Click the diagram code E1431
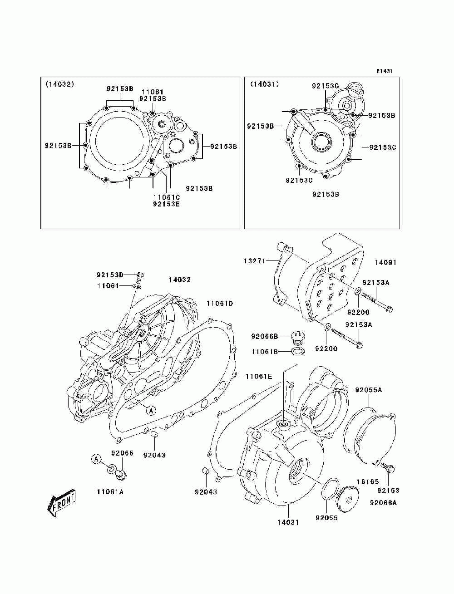tap(384, 71)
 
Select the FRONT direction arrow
tap(61, 502)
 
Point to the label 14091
tap(385, 262)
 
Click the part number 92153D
tap(110, 275)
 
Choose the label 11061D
tap(220, 303)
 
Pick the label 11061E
tap(259, 376)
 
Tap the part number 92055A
tap(368, 390)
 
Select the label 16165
tap(364, 481)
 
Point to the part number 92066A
tap(383, 502)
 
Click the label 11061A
tap(110, 491)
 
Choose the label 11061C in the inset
tap(166, 197)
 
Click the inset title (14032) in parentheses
tap(59, 84)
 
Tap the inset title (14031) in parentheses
tap(264, 84)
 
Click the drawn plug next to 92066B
tap(297, 339)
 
